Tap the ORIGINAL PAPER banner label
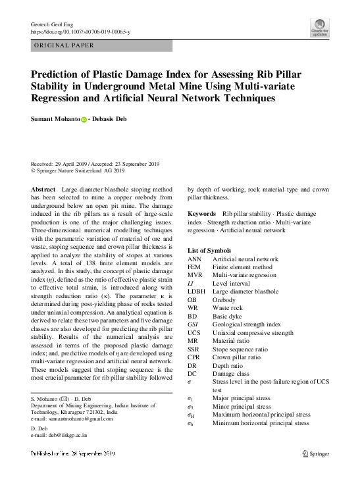(x=63, y=45)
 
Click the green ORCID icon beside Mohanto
(x=84, y=120)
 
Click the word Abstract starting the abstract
(x=43, y=188)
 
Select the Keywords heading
(x=202, y=214)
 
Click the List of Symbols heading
(x=209, y=251)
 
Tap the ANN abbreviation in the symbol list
(x=195, y=260)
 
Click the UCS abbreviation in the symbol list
(x=195, y=333)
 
